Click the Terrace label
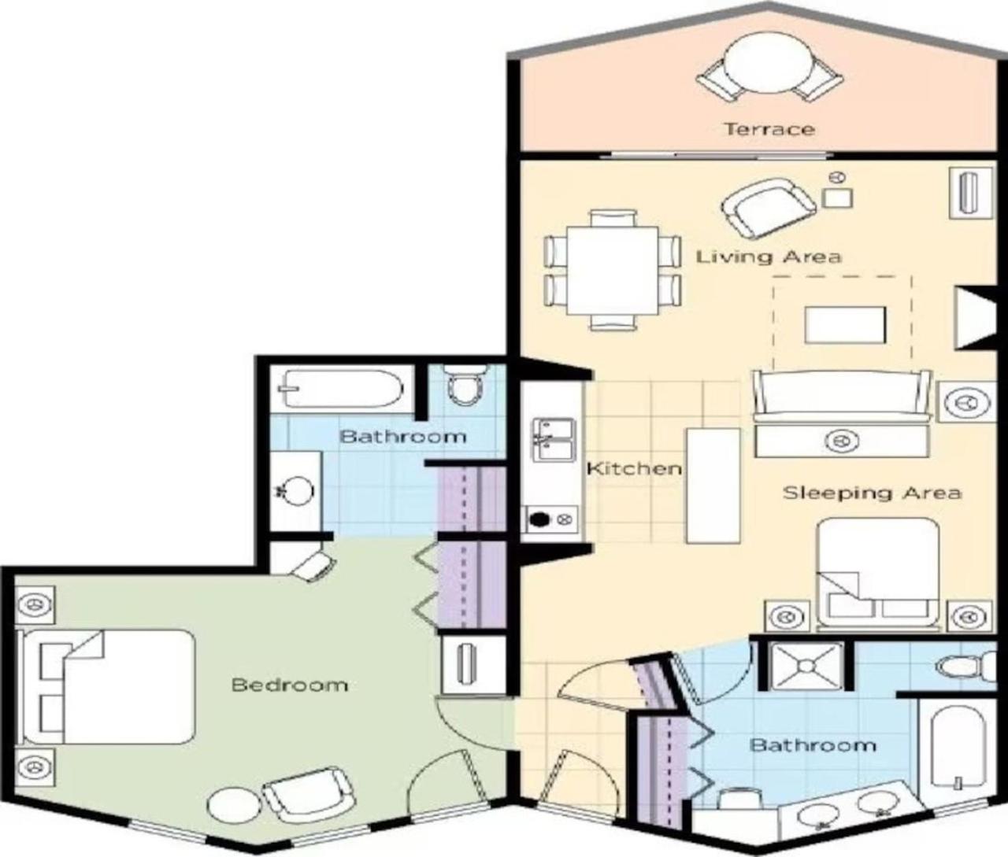tap(769, 129)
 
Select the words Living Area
tap(768, 257)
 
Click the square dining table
tap(612, 271)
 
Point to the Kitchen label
tap(633, 468)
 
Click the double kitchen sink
tap(553, 439)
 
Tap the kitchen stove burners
tap(551, 519)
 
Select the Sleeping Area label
tap(872, 493)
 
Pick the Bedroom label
tap(290, 685)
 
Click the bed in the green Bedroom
tap(106, 687)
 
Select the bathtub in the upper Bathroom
tap(341, 388)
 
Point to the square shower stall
tap(806, 666)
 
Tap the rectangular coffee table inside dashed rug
tap(845, 324)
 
